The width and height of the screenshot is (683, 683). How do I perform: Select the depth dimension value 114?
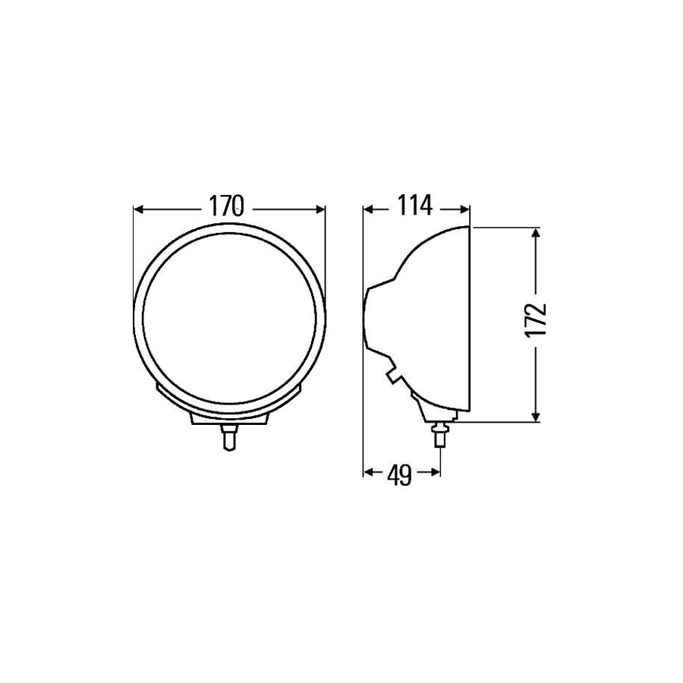pyautogui.click(x=413, y=206)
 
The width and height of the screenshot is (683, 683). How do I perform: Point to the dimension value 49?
pyautogui.click(x=399, y=474)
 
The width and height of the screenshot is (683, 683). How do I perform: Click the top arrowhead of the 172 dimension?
pyautogui.click(x=537, y=232)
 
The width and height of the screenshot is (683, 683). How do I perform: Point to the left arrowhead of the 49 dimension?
pyautogui.click(x=368, y=473)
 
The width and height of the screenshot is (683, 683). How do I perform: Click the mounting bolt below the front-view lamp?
pyautogui.click(x=227, y=438)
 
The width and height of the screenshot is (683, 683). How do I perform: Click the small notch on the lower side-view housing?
pyautogui.click(x=392, y=375)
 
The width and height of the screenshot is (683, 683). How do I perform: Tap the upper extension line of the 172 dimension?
pyautogui.click(x=505, y=227)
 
